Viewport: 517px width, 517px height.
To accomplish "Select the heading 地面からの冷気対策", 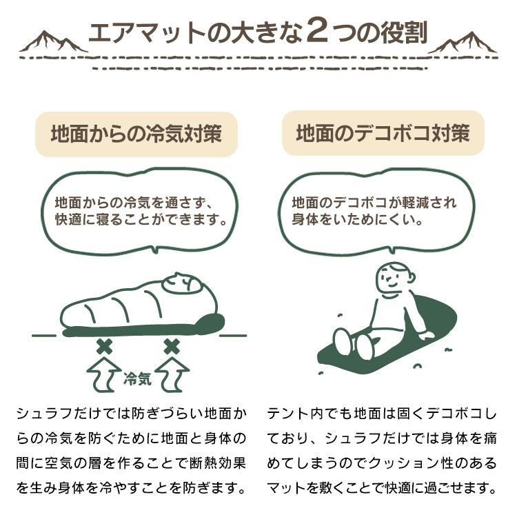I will tap(136, 133).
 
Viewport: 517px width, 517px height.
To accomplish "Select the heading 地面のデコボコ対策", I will tap(383, 133).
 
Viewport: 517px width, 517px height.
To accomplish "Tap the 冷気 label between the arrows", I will tap(137, 378).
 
